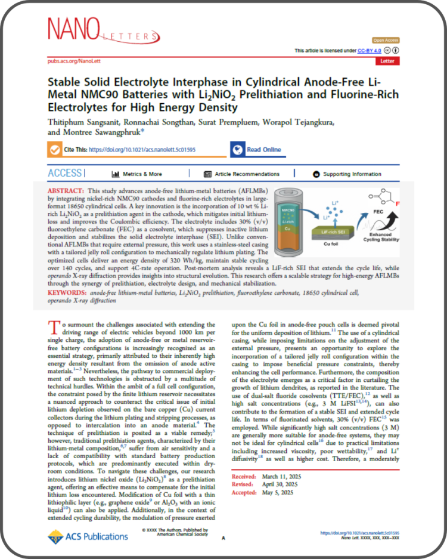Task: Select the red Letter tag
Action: click(387, 61)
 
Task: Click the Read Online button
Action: click(256, 150)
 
